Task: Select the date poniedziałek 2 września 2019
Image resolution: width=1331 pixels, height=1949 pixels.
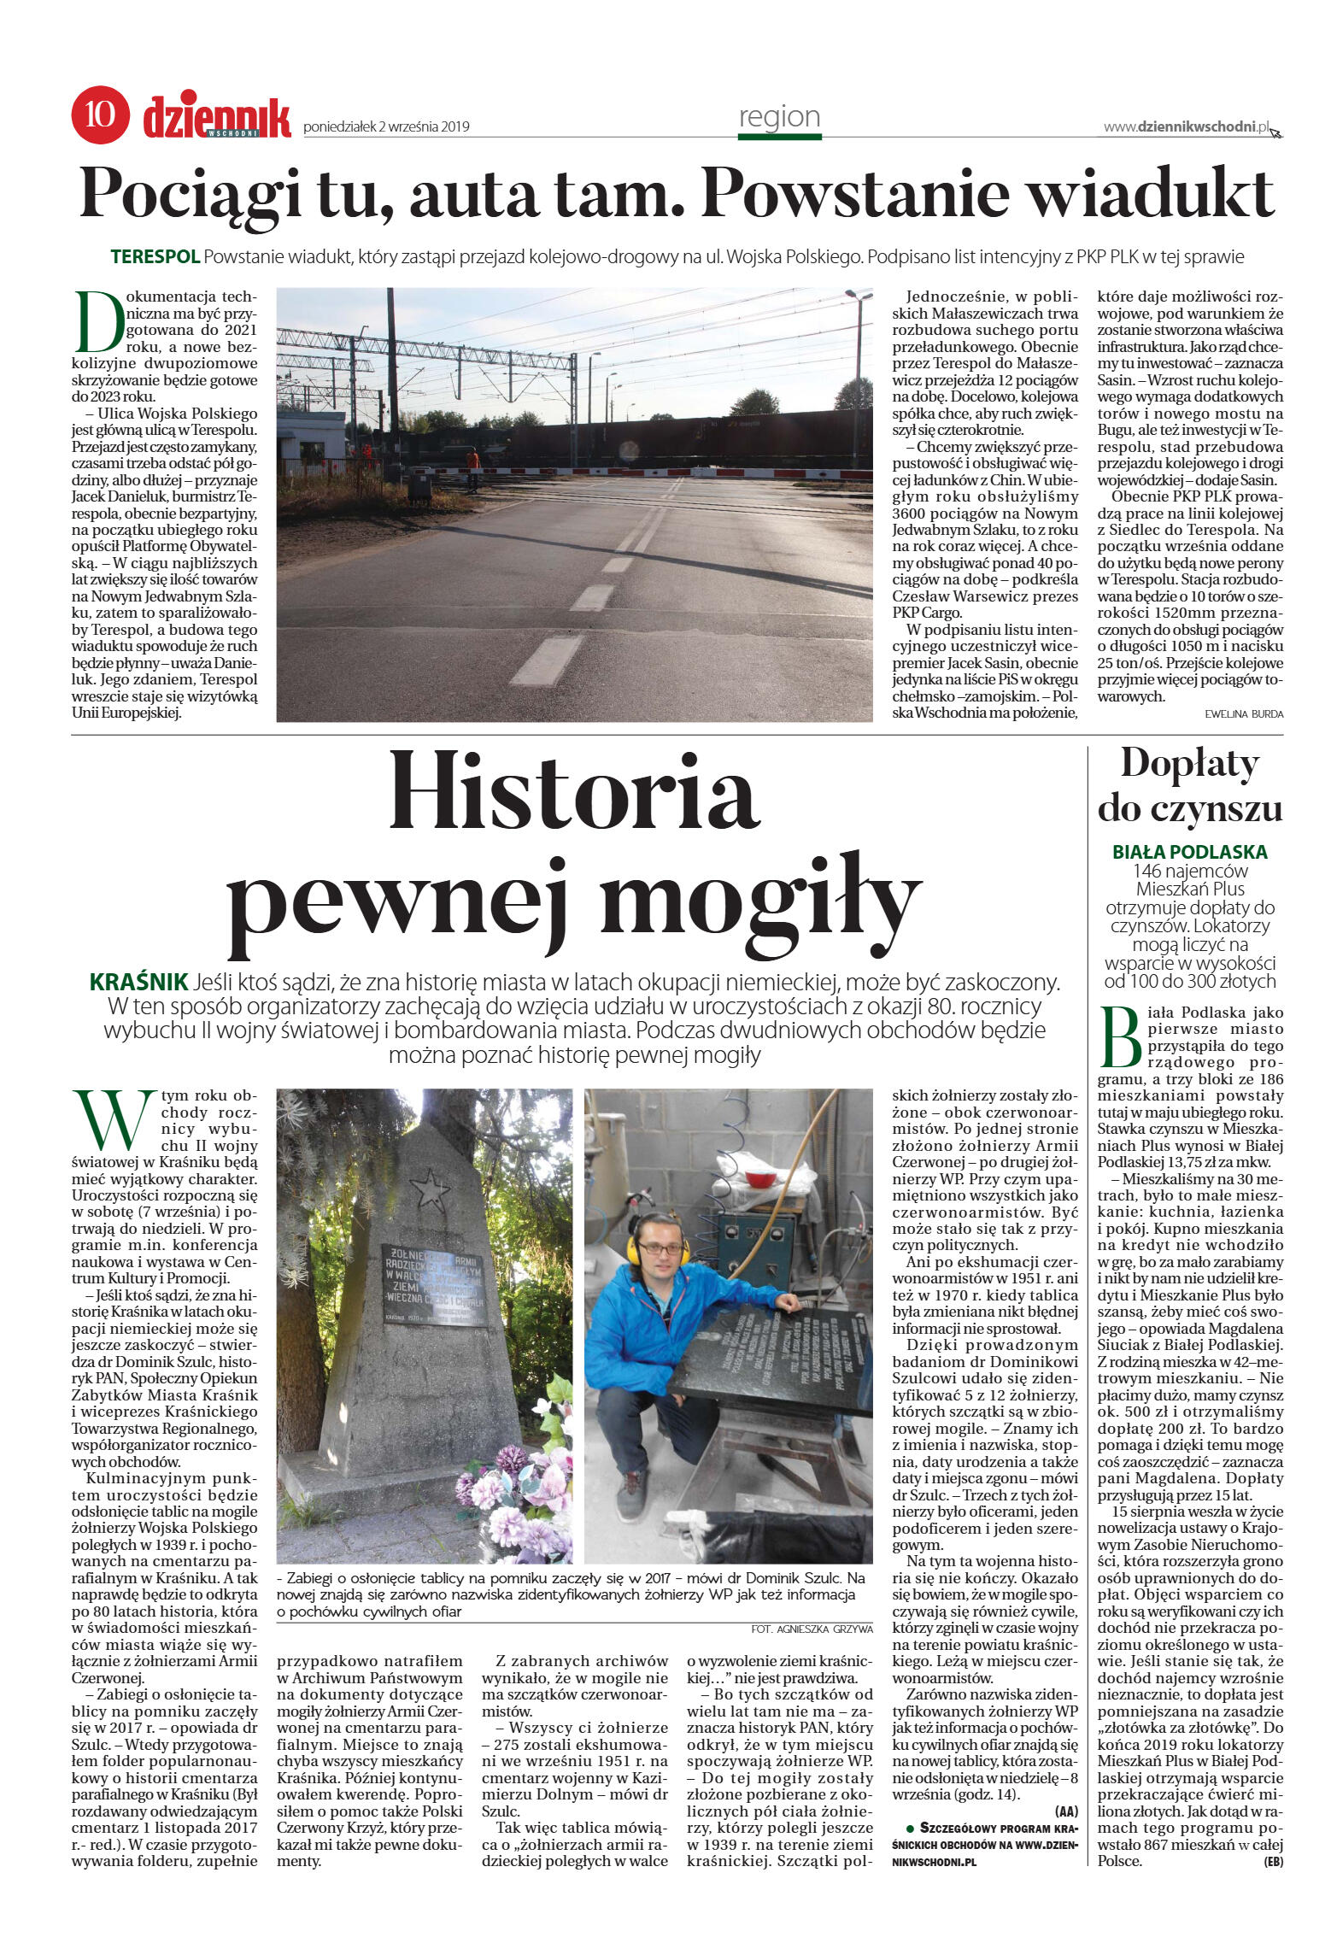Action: point(386,127)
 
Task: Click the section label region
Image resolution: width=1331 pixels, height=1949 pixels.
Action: point(779,117)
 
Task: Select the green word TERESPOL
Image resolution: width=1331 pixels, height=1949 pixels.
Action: point(155,256)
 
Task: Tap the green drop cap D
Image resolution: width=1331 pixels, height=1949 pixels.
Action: point(97,322)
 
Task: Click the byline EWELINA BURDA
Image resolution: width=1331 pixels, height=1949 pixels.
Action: point(1243,713)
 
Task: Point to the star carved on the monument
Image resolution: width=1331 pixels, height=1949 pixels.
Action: point(430,1189)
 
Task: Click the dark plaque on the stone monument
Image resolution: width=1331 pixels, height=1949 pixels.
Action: point(434,1284)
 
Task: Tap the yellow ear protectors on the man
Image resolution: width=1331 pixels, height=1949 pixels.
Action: point(659,1250)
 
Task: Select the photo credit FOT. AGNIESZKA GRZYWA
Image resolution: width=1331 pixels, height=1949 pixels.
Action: point(812,1629)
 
